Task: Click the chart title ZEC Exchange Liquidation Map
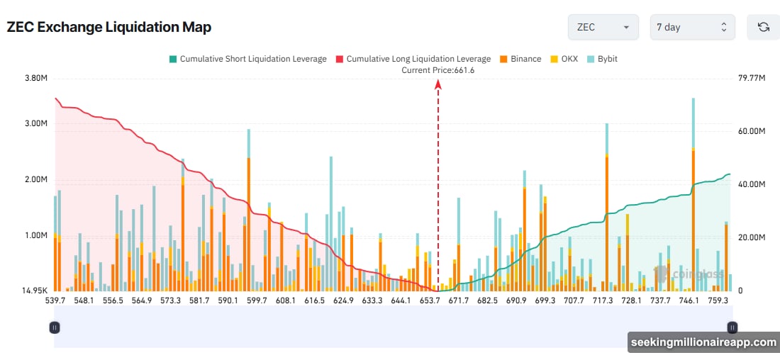(x=108, y=27)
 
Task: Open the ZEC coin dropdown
(x=603, y=27)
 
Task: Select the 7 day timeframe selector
(x=692, y=27)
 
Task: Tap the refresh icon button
(x=763, y=27)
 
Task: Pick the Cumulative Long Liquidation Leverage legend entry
(x=413, y=59)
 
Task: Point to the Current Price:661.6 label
(x=438, y=70)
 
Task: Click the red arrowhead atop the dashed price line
(x=438, y=84)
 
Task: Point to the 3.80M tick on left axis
(x=35, y=78)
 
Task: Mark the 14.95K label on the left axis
(x=34, y=291)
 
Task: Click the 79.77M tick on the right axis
(x=752, y=78)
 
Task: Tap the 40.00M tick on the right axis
(x=752, y=184)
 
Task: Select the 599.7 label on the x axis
(x=257, y=300)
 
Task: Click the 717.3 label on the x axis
(x=602, y=300)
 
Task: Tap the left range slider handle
(x=55, y=327)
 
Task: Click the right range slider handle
(x=732, y=327)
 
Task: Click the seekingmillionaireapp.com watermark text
(x=703, y=342)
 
